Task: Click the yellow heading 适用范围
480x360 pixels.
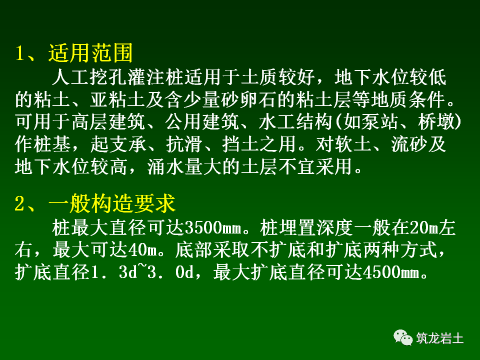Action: point(90,53)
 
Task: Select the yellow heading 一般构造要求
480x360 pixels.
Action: point(112,204)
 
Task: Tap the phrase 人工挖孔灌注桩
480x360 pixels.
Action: point(117,78)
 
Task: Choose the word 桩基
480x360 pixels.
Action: point(52,144)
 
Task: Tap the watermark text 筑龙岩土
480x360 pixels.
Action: point(440,338)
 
